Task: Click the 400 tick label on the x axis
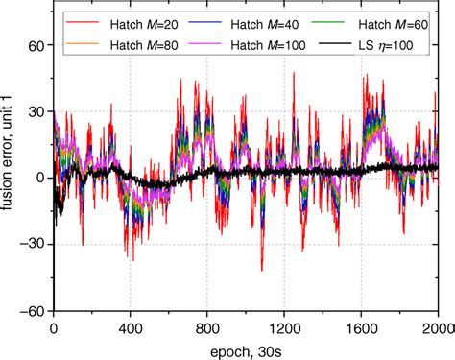[130, 325]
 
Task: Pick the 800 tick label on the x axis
[206, 325]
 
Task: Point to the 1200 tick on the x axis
[284, 325]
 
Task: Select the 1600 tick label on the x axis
[362, 325]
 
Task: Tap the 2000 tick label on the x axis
[437, 325]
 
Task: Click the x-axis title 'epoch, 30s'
[246, 348]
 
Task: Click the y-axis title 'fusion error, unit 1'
[11, 178]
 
